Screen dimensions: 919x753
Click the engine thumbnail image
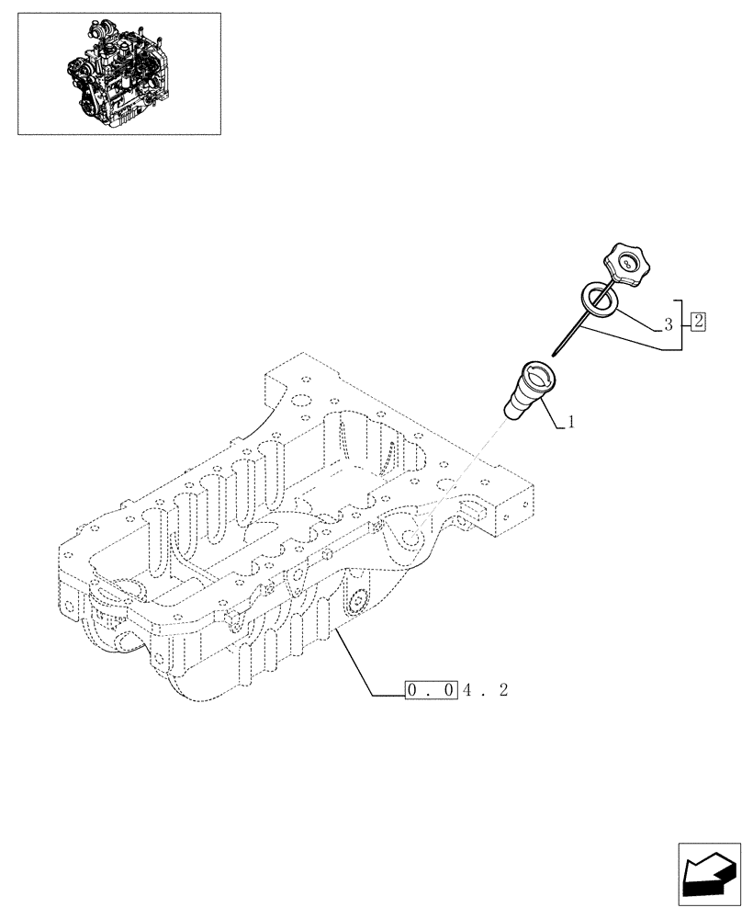click(x=119, y=74)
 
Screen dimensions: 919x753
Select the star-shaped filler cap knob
click(x=626, y=267)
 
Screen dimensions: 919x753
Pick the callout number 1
click(x=571, y=423)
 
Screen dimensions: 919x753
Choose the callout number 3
click(x=668, y=324)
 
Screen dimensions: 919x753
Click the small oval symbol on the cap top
click(x=626, y=264)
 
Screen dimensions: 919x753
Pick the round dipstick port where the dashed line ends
click(x=417, y=534)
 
